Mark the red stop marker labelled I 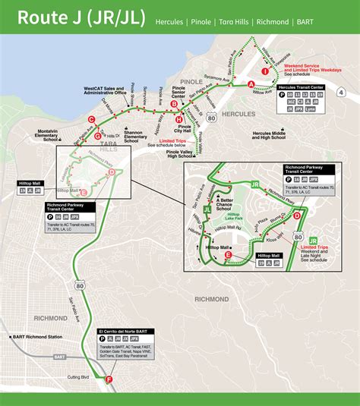click(x=265, y=71)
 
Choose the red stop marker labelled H click(x=178, y=119)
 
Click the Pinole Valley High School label click(x=179, y=154)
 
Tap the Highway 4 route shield click(x=341, y=93)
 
